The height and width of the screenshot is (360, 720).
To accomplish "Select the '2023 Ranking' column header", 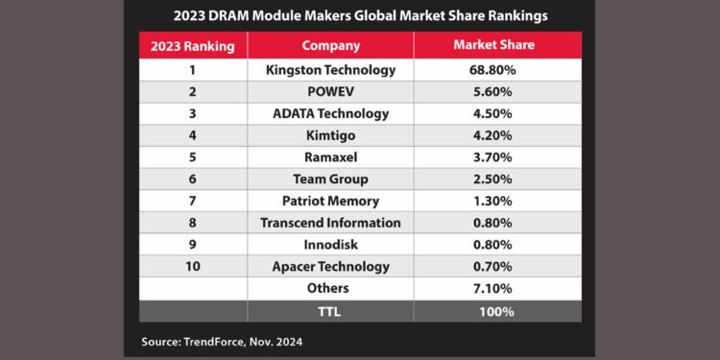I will point(192,45).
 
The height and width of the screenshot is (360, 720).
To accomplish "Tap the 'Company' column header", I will point(330,45).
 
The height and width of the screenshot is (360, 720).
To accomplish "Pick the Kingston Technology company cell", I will point(330,70).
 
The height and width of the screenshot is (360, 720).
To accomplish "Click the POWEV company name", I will point(330,92).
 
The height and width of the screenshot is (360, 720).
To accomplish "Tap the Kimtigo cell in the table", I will point(330,135).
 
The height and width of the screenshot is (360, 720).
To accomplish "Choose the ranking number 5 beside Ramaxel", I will point(192,157).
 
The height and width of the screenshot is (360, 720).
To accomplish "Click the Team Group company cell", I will point(330,180).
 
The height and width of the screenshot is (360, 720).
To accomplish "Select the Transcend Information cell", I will point(330,223).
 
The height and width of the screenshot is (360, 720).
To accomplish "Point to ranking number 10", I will point(192,267).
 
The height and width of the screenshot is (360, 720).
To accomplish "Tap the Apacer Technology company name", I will point(330,267).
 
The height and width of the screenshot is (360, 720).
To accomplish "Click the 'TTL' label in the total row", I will point(330,311).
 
